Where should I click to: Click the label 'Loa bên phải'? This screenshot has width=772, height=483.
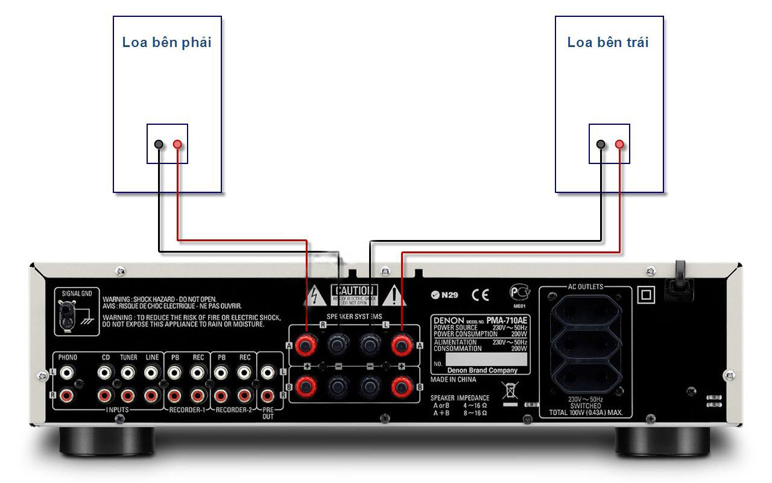pyautogui.click(x=167, y=42)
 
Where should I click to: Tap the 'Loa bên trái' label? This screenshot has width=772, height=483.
pyautogui.click(x=608, y=42)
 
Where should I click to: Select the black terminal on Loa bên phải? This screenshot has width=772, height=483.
pyautogui.click(x=158, y=144)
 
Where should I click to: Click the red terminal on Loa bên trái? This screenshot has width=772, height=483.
pyautogui.click(x=619, y=144)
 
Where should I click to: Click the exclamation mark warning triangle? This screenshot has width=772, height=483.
pyautogui.click(x=394, y=295)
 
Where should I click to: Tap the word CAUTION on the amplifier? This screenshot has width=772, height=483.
pyautogui.click(x=355, y=291)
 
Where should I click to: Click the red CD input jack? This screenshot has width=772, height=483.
pyautogui.click(x=105, y=396)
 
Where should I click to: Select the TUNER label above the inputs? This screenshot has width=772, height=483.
pyautogui.click(x=128, y=358)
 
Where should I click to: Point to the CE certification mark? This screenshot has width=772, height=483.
pyautogui.click(x=480, y=295)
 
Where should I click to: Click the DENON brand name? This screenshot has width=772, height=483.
pyautogui.click(x=448, y=320)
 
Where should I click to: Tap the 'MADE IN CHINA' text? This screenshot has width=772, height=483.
pyautogui.click(x=453, y=380)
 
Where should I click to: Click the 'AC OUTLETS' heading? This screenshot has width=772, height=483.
pyautogui.click(x=585, y=287)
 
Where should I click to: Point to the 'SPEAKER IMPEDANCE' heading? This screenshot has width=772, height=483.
pyautogui.click(x=460, y=398)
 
